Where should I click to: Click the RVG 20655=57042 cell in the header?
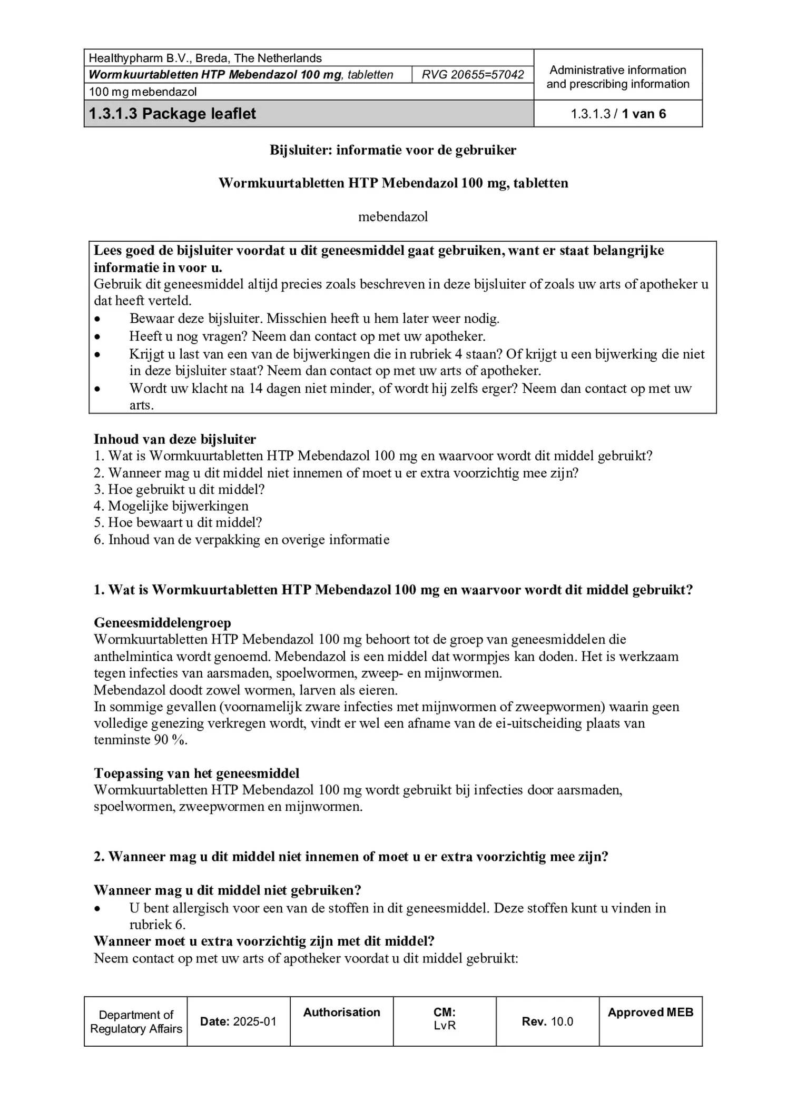473,75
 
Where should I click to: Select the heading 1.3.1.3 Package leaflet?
172,114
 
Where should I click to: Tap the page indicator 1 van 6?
643,114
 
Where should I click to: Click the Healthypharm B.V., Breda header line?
205,58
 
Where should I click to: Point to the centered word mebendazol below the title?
393,216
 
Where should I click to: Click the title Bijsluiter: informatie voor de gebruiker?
393,150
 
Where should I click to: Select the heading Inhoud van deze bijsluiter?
175,439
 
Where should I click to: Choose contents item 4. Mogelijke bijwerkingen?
171,506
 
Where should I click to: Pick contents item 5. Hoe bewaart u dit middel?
178,523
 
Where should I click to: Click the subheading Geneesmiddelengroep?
162,623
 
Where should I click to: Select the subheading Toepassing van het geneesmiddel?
196,773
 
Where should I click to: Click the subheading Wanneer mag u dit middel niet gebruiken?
227,890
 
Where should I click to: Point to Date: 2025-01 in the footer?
238,1021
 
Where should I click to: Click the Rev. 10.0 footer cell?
547,1021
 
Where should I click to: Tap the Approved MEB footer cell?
650,1012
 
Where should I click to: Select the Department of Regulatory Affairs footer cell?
136,1021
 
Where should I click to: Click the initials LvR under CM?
445,1025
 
